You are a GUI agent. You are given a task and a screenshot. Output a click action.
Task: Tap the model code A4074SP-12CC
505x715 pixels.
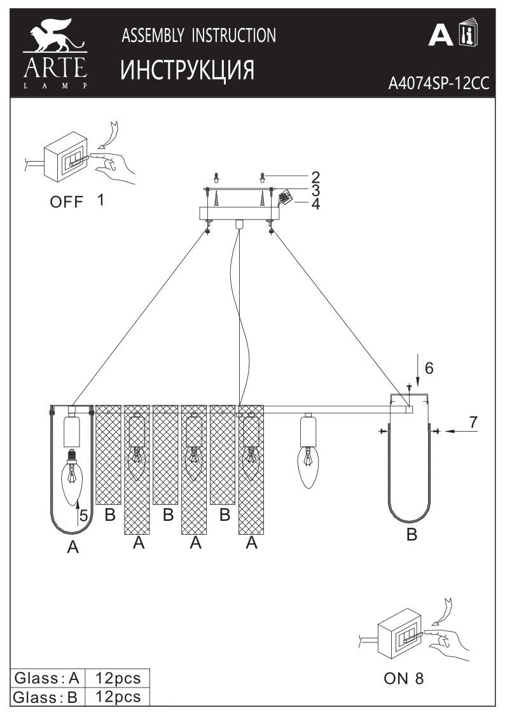coord(438,83)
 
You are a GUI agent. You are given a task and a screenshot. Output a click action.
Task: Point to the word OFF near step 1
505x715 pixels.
coord(67,202)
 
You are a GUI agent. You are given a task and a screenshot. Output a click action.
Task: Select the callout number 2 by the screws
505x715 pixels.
coord(315,177)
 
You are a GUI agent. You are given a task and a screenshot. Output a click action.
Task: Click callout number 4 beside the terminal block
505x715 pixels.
coord(315,204)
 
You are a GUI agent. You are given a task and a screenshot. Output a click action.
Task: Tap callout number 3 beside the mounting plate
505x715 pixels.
coord(315,190)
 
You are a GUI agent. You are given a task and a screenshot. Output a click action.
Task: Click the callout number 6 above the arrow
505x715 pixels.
coord(429,368)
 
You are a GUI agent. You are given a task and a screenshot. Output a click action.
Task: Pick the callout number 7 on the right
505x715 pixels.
coord(474,423)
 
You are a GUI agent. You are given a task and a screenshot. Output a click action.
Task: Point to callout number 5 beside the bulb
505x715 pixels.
coord(83,515)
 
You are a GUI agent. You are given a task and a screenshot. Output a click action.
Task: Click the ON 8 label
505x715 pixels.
coord(403,678)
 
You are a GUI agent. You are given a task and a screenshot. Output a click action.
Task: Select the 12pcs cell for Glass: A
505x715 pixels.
coord(118,678)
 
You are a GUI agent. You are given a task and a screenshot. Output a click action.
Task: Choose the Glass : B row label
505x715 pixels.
coord(46,697)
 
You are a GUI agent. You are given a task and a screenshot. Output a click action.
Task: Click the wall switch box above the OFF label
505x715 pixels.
coord(67,155)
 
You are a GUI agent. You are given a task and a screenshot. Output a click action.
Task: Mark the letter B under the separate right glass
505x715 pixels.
coord(412,534)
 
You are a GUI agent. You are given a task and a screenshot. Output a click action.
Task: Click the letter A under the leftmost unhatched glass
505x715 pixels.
coord(73,547)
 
